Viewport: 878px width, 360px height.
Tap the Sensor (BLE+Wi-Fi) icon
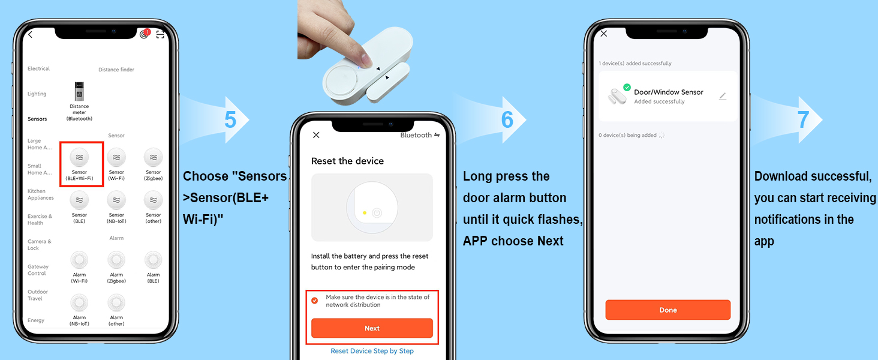[79, 157]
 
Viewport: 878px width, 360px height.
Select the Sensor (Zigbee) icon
[154, 157]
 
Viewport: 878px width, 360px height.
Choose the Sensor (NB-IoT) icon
[116, 200]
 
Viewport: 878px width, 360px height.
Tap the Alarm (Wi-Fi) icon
[79, 260]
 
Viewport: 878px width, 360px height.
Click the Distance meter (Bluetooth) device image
[79, 91]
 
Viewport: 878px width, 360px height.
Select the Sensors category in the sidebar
[37, 119]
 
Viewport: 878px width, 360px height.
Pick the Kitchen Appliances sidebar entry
[40, 194]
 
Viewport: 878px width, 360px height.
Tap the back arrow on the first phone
[30, 35]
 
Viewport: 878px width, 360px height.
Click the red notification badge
[148, 32]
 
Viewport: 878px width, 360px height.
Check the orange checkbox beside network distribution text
[314, 301]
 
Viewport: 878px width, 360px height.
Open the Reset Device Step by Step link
[372, 351]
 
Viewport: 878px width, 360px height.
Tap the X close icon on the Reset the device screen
[316, 135]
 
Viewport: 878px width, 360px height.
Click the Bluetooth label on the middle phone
[416, 135]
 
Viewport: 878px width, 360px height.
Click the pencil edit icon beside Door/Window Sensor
[723, 96]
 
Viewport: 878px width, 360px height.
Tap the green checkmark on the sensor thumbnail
[627, 88]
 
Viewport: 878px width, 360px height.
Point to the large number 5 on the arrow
[230, 119]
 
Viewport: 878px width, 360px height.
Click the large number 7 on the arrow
[803, 119]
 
